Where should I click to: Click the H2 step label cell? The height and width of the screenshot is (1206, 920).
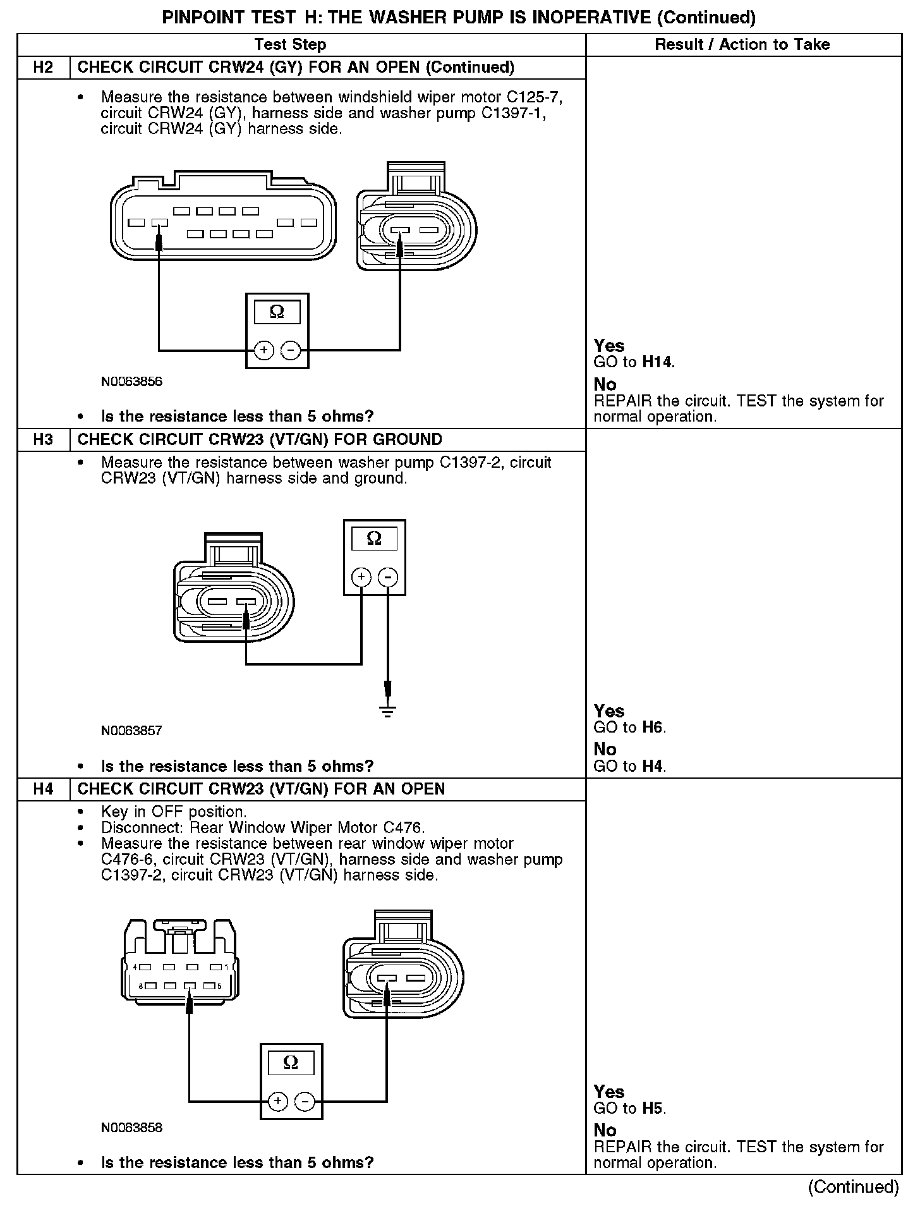[43, 68]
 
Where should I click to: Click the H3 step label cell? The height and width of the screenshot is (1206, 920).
[43, 440]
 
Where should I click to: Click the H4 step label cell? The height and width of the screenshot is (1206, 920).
[43, 789]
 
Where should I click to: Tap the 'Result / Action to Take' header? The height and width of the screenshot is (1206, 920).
[742, 44]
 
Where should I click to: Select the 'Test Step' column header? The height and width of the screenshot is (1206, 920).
[291, 44]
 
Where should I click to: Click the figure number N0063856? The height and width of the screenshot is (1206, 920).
[131, 382]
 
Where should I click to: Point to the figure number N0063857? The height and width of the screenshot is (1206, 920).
[131, 731]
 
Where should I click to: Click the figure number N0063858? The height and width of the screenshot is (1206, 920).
[131, 1128]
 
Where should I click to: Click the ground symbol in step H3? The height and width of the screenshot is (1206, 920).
[388, 711]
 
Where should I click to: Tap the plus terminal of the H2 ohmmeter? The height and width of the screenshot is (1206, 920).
[263, 350]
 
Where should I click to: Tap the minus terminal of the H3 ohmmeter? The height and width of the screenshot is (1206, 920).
[388, 576]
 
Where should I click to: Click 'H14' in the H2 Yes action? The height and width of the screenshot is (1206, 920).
[657, 363]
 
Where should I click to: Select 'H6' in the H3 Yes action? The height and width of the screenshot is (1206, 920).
[653, 728]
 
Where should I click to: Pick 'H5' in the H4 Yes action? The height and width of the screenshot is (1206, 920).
[653, 1109]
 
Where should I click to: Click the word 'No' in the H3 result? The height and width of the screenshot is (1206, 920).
[605, 750]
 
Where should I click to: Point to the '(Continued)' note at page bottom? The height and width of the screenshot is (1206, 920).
[853, 1187]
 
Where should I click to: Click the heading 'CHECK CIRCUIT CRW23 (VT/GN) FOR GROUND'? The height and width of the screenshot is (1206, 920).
[260, 440]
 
